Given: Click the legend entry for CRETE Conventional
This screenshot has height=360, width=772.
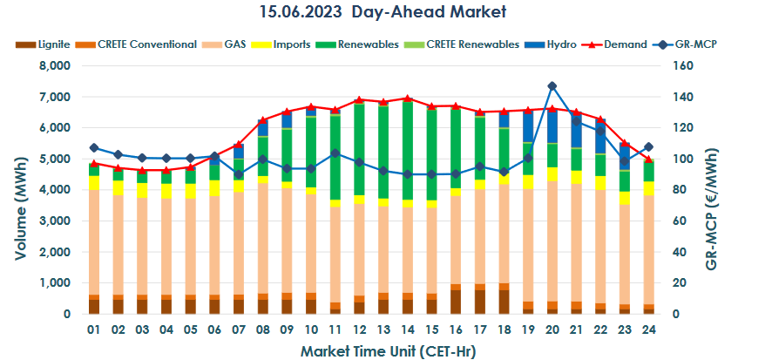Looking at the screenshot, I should pos(139,44).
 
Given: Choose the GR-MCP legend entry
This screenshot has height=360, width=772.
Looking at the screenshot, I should pos(697,44).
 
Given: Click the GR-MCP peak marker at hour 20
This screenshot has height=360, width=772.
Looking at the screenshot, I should pos(552,86).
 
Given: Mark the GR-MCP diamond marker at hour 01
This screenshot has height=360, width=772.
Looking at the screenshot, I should pos(94,147).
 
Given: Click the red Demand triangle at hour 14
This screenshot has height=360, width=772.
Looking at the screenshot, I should pos(408,98).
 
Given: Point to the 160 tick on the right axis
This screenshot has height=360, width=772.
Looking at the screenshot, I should pos(682,66).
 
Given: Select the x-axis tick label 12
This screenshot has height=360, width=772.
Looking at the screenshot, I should pos(359,330).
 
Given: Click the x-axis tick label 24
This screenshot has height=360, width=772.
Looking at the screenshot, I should pos(648,330).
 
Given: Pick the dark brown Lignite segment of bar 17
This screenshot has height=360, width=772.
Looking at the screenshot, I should pos(479,302).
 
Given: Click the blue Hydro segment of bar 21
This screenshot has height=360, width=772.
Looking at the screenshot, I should pos(576,131).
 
